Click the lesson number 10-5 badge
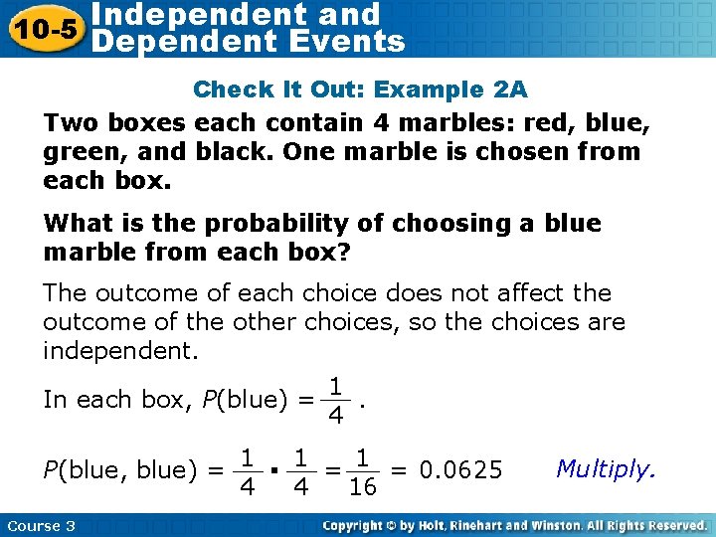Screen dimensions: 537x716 click(x=43, y=27)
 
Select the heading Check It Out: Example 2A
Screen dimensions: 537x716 click(x=360, y=89)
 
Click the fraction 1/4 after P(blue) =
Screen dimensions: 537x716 click(x=336, y=399)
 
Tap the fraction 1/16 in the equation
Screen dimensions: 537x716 click(x=363, y=472)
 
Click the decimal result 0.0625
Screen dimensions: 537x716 click(x=460, y=469)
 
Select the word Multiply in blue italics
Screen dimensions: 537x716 click(x=606, y=468)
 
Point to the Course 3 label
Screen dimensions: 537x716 click(x=40, y=526)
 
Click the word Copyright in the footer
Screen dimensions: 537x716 click(x=358, y=526)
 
